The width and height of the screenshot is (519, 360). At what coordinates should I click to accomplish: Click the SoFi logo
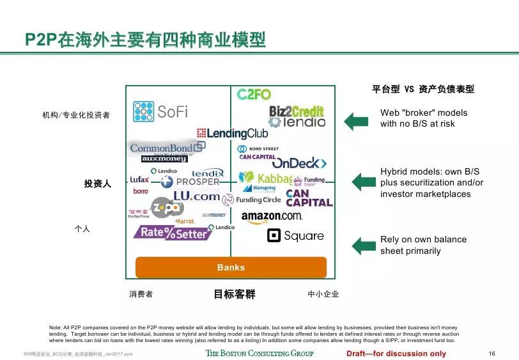point(160,111)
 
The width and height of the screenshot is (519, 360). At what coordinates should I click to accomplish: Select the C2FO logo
point(254,95)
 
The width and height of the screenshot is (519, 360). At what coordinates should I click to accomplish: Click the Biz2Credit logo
point(297,111)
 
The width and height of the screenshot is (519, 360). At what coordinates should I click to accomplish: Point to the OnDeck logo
point(299,163)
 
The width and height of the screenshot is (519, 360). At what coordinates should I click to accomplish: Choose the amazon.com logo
point(272,217)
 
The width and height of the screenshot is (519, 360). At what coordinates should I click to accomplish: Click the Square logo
point(295,236)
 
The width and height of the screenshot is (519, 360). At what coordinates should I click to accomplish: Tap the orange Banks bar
point(231,267)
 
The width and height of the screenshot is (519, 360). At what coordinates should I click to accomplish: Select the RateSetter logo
point(171,233)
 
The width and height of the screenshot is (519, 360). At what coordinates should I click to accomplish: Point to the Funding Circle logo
point(251,200)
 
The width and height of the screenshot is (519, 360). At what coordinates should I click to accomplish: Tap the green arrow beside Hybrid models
point(364,182)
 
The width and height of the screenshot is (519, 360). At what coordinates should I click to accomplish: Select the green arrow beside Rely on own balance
point(364,245)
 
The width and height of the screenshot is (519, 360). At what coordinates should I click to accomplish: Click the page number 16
point(492,354)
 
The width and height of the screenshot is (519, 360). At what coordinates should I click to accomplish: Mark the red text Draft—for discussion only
point(396,354)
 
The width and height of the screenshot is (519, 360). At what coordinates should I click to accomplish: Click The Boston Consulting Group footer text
point(259,354)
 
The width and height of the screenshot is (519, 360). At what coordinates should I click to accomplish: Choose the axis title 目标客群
point(234,294)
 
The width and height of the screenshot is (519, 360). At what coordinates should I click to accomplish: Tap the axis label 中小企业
point(323,294)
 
